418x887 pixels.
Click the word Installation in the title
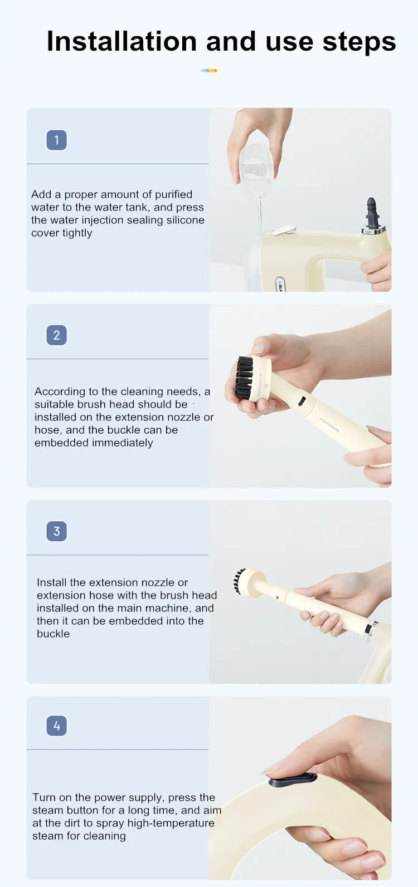[121, 41]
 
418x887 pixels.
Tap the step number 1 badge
[57, 140]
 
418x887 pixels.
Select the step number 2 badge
[57, 335]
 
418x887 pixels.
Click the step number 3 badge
[57, 531]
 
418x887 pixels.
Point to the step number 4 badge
[57, 726]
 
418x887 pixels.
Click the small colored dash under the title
[209, 71]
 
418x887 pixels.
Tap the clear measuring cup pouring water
[256, 168]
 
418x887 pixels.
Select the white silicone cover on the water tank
[284, 230]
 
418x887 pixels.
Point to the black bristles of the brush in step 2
[245, 376]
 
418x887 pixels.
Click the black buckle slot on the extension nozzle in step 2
[302, 401]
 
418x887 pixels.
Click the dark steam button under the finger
[293, 780]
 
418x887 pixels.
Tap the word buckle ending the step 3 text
[53, 634]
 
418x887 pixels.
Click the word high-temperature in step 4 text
[171, 823]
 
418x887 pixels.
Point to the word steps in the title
[359, 42]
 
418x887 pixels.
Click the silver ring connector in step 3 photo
[371, 628]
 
